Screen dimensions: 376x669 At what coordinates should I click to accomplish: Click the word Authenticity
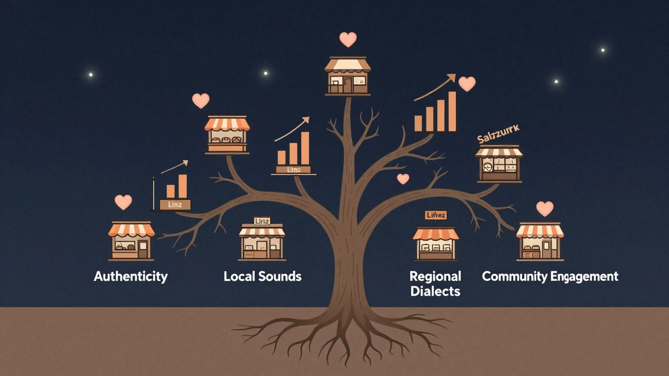pos(131,276)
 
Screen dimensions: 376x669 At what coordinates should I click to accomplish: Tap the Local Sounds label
pos(262,276)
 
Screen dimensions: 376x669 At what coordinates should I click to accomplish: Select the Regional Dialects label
pos(435,284)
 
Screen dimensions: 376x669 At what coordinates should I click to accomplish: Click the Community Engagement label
pos(550,276)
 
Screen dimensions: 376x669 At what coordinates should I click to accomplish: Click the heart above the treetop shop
pos(348,39)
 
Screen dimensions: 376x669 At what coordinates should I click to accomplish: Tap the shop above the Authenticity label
pos(131,241)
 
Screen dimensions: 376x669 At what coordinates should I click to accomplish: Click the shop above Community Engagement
pos(540,241)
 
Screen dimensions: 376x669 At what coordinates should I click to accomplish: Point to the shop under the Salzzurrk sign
pos(499,164)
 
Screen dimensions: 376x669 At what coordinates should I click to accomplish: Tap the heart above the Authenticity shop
pos(123,202)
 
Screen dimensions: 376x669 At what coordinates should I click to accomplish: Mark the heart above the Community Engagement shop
pos(545,209)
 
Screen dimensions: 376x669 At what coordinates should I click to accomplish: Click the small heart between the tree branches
pos(403,179)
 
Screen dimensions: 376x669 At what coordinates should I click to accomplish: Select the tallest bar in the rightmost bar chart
pos(452,111)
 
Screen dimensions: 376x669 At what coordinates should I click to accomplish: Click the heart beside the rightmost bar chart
pos(467,84)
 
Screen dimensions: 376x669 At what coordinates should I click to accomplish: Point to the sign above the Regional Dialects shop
pos(435,215)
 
